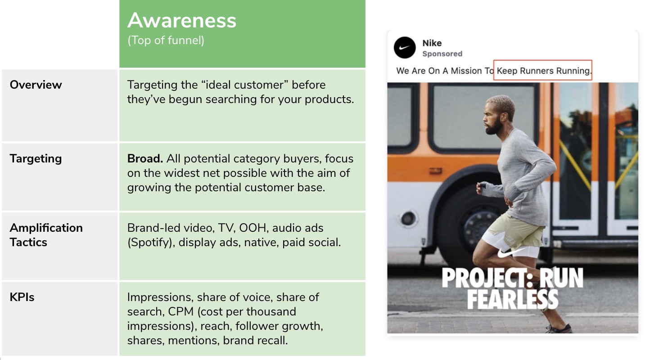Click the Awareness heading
181,20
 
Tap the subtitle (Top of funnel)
166,40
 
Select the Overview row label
36,85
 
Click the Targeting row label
36,158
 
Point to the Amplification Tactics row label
46,235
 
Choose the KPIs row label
22,297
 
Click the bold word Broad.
145,158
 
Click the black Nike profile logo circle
405,48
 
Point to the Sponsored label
442,54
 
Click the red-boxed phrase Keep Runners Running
543,71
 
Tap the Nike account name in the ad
432,43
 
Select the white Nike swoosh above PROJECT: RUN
512,253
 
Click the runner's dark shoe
559,328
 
